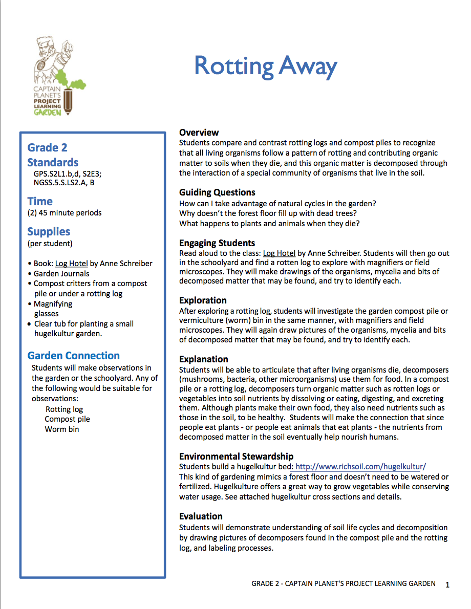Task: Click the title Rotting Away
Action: click(265, 67)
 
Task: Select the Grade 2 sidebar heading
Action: click(47, 148)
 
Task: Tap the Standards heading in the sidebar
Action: click(53, 163)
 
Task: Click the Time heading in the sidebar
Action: click(40, 201)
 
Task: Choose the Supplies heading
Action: click(49, 232)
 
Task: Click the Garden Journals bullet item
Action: click(61, 273)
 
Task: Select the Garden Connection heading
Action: click(73, 356)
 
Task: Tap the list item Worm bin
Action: click(62, 429)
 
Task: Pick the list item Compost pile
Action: click(67, 419)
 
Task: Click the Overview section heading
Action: click(199, 133)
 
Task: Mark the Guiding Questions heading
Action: click(217, 192)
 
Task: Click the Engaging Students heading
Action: click(217, 243)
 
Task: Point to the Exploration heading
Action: click(203, 300)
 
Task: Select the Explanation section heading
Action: click(203, 359)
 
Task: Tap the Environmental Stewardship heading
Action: click(236, 456)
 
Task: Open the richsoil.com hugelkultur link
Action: click(360, 467)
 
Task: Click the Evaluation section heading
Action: click(201, 516)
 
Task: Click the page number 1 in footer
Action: click(447, 584)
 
